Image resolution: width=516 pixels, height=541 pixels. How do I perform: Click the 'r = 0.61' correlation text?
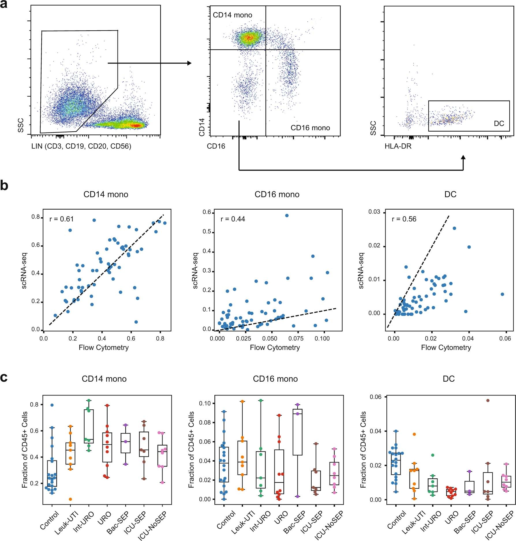click(x=61, y=219)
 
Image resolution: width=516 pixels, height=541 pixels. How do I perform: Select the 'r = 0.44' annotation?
click(x=233, y=219)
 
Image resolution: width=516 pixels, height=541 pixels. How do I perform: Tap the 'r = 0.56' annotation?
click(x=404, y=219)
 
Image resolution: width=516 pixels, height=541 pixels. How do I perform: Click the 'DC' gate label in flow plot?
click(x=499, y=124)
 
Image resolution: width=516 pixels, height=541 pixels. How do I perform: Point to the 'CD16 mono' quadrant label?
click(x=310, y=128)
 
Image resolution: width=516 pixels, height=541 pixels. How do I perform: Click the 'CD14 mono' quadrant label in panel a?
click(x=232, y=15)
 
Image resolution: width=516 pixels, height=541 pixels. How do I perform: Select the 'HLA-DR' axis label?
click(x=398, y=146)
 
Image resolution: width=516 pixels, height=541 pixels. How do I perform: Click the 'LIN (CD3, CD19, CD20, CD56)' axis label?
click(x=81, y=146)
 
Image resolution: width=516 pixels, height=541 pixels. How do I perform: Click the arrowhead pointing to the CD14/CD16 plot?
click(x=189, y=63)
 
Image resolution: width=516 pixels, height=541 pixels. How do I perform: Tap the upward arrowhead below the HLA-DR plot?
click(x=463, y=157)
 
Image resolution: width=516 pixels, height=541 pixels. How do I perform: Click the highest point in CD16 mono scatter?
click(x=287, y=216)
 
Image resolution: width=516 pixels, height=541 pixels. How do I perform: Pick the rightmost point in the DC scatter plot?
click(x=502, y=294)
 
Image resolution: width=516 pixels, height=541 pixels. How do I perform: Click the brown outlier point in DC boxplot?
click(x=488, y=400)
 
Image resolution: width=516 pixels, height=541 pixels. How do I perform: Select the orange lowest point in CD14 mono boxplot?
click(x=70, y=499)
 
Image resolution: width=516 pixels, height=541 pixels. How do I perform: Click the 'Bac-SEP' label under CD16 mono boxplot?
click(x=294, y=522)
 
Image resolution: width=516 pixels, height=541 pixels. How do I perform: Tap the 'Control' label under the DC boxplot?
click(x=397, y=520)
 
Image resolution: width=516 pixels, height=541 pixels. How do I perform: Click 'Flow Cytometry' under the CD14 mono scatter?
click(x=104, y=347)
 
